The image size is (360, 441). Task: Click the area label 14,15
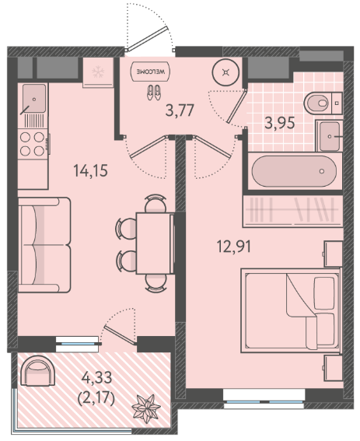90,170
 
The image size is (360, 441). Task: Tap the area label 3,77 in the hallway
180,110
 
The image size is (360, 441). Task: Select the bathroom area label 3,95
280,123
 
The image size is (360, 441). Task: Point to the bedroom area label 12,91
234,247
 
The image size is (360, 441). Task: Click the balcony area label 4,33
96,377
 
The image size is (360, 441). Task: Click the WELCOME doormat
150,72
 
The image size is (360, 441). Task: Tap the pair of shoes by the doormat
153,93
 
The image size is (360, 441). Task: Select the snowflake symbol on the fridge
98,72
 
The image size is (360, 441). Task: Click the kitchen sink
34,99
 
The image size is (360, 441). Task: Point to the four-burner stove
32,144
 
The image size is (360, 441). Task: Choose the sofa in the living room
44,245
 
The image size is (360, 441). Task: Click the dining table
155,243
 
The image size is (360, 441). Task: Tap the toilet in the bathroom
323,103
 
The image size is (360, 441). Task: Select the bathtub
294,171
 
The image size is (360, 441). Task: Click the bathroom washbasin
330,136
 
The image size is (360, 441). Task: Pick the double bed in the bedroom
291,310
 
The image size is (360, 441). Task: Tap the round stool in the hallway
225,72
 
